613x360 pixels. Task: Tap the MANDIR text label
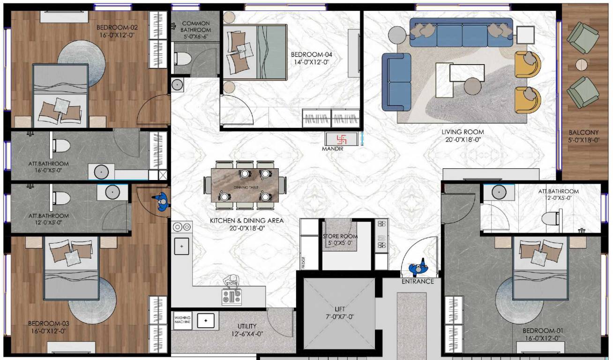[x=333, y=149]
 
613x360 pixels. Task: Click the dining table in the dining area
[x=245, y=186]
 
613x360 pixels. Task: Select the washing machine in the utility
[x=182, y=320]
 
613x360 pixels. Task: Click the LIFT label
[x=339, y=309]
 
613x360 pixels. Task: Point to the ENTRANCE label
[x=417, y=282]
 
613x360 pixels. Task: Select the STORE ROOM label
[x=340, y=236]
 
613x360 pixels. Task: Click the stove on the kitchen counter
[x=232, y=296]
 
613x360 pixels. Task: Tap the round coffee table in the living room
[x=472, y=87]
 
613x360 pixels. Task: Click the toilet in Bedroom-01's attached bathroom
[x=550, y=218]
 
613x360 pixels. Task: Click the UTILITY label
[x=247, y=326]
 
